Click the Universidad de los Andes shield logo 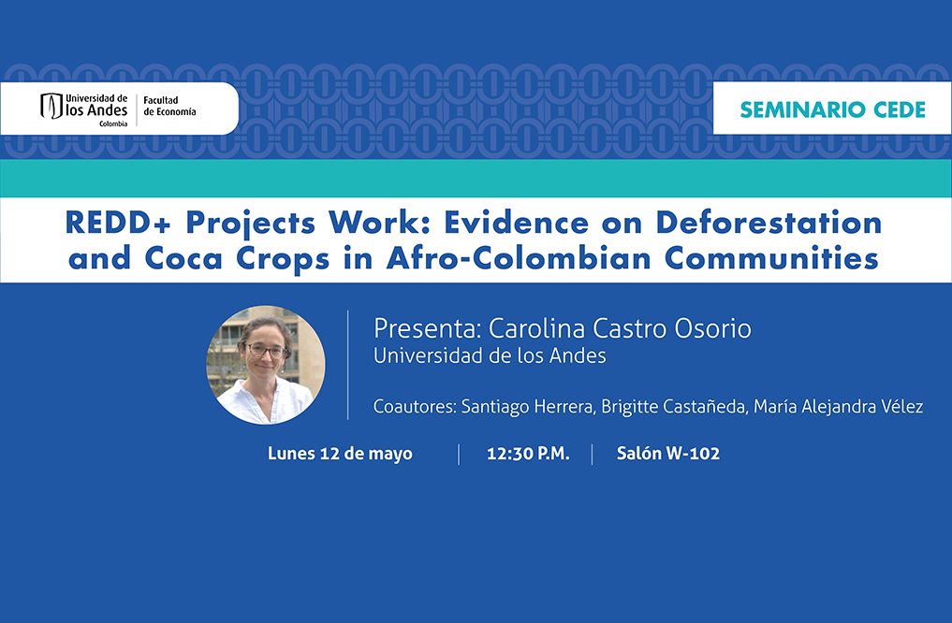[51, 106]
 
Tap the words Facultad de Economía [169, 106]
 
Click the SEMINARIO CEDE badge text [832, 109]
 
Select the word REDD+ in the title [118, 223]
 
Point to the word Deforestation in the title [769, 223]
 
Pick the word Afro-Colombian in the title [520, 258]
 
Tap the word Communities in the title [771, 258]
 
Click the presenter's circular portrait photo [266, 364]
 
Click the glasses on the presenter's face [265, 351]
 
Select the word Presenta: [428, 328]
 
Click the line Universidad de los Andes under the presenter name [490, 355]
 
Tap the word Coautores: [415, 406]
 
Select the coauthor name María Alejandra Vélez [839, 406]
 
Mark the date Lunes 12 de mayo [340, 454]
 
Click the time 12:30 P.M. [528, 453]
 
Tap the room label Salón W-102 [667, 453]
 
